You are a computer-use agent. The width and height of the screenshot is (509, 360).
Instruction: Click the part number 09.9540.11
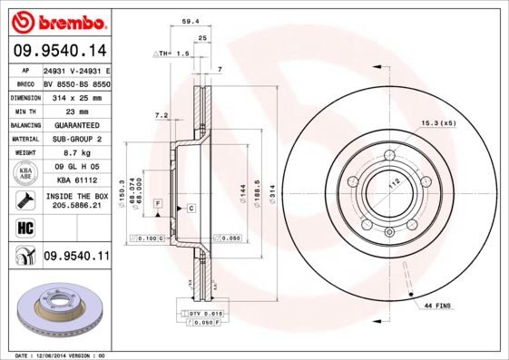(x=76, y=257)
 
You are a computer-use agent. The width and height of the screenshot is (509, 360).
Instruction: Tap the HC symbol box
(x=22, y=227)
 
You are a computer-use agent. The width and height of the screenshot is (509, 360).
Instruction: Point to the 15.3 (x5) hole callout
(x=436, y=122)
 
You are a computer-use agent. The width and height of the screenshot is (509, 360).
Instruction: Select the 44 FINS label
(x=438, y=306)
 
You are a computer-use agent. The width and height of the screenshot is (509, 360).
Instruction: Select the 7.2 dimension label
(x=162, y=115)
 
